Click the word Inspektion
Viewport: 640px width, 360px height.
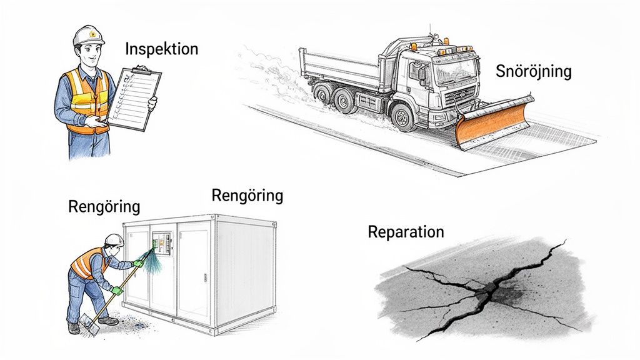(x=161, y=49)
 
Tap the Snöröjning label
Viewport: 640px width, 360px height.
(x=533, y=71)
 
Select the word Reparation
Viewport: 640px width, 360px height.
(x=406, y=232)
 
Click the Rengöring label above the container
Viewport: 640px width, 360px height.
(x=247, y=196)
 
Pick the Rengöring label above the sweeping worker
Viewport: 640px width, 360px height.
(x=104, y=206)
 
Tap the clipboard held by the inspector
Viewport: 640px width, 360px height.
(x=134, y=99)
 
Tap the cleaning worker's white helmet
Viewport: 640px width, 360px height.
(x=114, y=239)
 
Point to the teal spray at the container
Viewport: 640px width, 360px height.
(x=152, y=261)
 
